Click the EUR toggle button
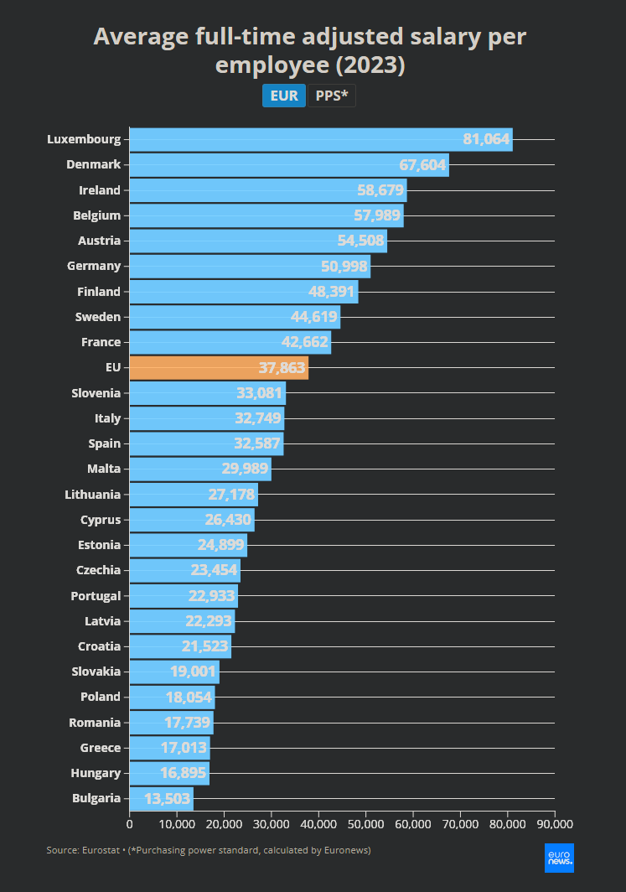tap(284, 96)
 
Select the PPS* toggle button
tap(332, 96)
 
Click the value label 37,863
tap(277, 368)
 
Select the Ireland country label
tap(100, 190)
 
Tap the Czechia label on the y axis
tap(98, 570)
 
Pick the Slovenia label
tap(96, 393)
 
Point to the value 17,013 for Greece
tap(178, 748)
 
